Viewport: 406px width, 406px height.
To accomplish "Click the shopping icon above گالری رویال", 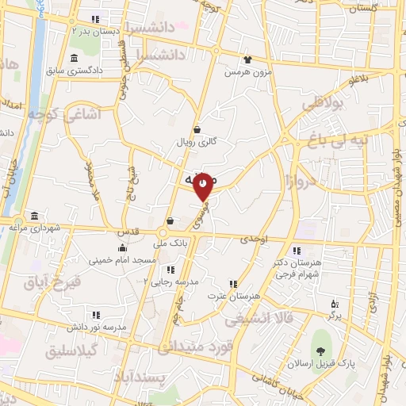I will tap(197, 130).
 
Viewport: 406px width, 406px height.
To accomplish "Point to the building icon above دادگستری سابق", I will tap(74, 58).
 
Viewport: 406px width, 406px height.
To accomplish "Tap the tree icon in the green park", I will tap(321, 352).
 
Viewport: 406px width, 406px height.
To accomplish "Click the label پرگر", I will tap(336, 315).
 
